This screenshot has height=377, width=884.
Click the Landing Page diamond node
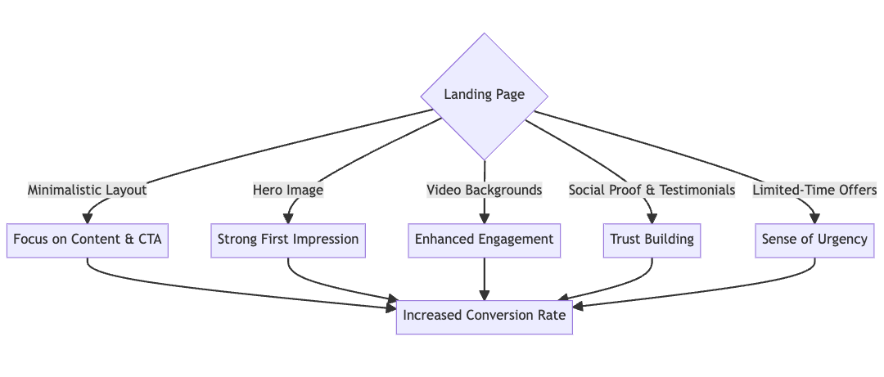click(485, 96)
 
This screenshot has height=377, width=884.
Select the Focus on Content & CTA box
click(88, 240)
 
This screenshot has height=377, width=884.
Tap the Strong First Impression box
click(288, 240)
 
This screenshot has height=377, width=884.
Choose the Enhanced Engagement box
click(485, 240)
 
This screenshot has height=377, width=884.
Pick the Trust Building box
click(652, 240)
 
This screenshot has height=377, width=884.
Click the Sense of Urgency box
click(814, 240)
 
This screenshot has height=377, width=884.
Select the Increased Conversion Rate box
click(485, 315)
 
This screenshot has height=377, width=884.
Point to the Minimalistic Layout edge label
click(88, 190)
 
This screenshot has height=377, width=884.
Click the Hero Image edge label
click(288, 190)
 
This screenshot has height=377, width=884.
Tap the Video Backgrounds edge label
click(485, 190)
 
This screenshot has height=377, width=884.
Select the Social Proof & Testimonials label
click(652, 190)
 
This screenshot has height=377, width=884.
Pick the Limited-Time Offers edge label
click(814, 190)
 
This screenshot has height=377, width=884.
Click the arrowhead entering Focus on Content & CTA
click(88, 218)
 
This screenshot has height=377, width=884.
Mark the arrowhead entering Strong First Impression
click(288, 218)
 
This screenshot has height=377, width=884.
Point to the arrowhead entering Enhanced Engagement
click(485, 218)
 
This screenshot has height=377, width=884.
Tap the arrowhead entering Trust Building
click(652, 218)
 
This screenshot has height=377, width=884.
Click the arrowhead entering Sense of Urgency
click(814, 218)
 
